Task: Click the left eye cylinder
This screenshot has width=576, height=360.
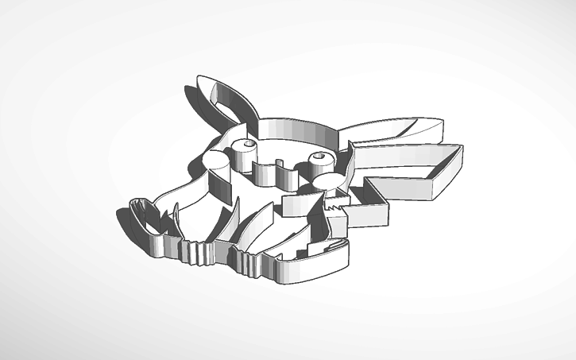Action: click(245, 147)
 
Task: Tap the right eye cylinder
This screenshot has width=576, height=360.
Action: click(322, 159)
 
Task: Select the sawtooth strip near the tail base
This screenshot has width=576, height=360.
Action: click(337, 208)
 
